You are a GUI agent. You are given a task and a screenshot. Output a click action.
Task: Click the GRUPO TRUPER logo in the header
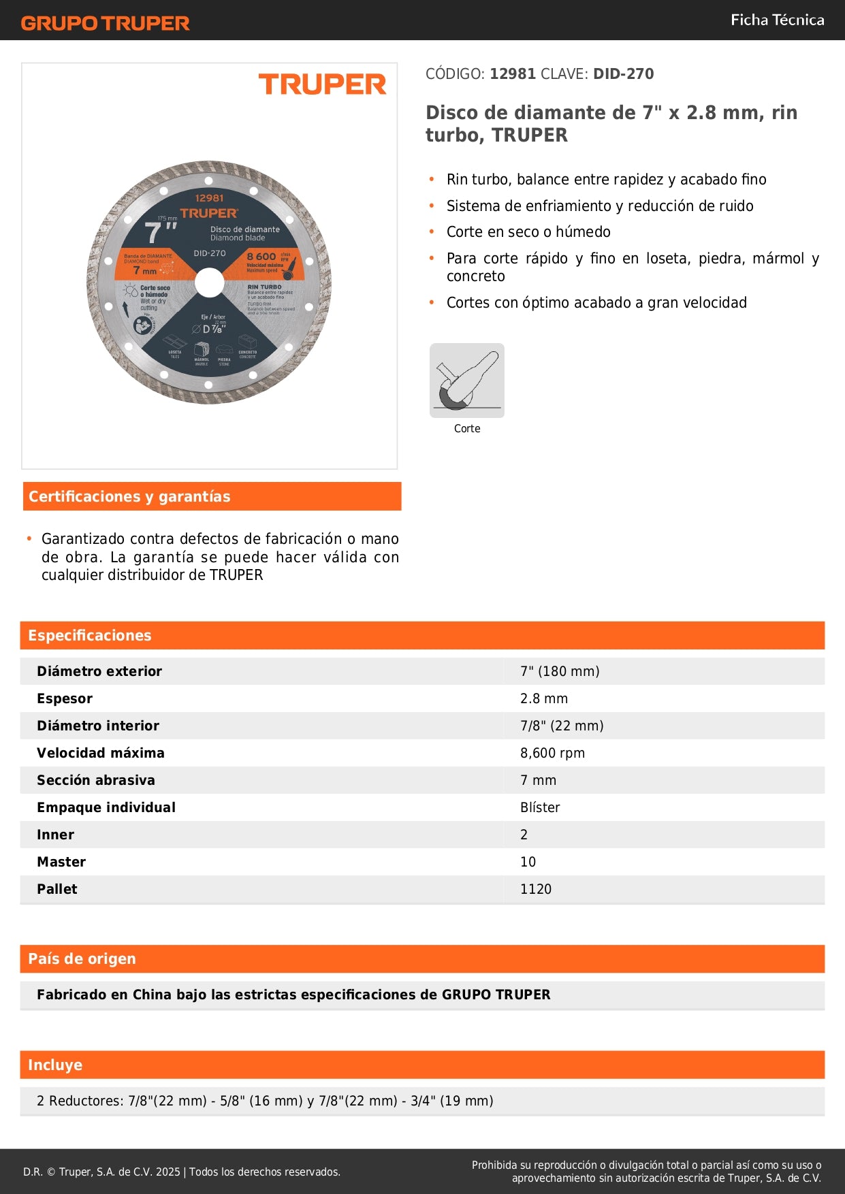pyautogui.click(x=105, y=23)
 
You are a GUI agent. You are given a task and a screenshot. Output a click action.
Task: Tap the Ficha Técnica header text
pyautogui.click(x=777, y=20)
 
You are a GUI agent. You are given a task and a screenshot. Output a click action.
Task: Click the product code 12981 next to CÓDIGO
pyautogui.click(x=513, y=74)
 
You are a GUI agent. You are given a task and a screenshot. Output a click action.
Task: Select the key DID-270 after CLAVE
pyautogui.click(x=623, y=74)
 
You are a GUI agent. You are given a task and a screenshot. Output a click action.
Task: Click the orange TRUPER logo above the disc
pyautogui.click(x=322, y=84)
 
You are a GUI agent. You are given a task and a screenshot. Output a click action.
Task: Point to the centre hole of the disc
pyautogui.click(x=209, y=283)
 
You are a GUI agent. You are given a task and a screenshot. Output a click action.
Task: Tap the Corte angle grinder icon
pyautogui.click(x=467, y=381)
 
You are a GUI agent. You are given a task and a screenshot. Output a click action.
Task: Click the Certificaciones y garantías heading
pyautogui.click(x=129, y=496)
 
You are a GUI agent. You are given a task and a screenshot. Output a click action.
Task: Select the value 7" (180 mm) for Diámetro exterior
pyautogui.click(x=560, y=671)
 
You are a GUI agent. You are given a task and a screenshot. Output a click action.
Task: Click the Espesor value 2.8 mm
pyautogui.click(x=544, y=698)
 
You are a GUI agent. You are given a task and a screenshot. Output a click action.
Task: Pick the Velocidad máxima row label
pyautogui.click(x=101, y=753)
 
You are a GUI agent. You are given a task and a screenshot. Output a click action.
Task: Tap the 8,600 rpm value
pyautogui.click(x=552, y=753)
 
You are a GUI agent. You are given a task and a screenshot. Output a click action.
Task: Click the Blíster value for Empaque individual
pyautogui.click(x=540, y=807)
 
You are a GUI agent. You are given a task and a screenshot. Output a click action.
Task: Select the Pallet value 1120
pyautogui.click(x=536, y=889)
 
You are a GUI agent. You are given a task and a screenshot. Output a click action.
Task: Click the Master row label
pyautogui.click(x=61, y=862)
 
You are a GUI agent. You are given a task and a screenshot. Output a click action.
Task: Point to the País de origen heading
pyautogui.click(x=82, y=958)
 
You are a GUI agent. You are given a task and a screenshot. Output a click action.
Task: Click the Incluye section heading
pyautogui.click(x=55, y=1065)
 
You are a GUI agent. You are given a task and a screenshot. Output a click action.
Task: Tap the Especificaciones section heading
pyautogui.click(x=90, y=635)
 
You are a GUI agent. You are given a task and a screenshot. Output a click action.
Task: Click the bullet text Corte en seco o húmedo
pyautogui.click(x=528, y=231)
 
